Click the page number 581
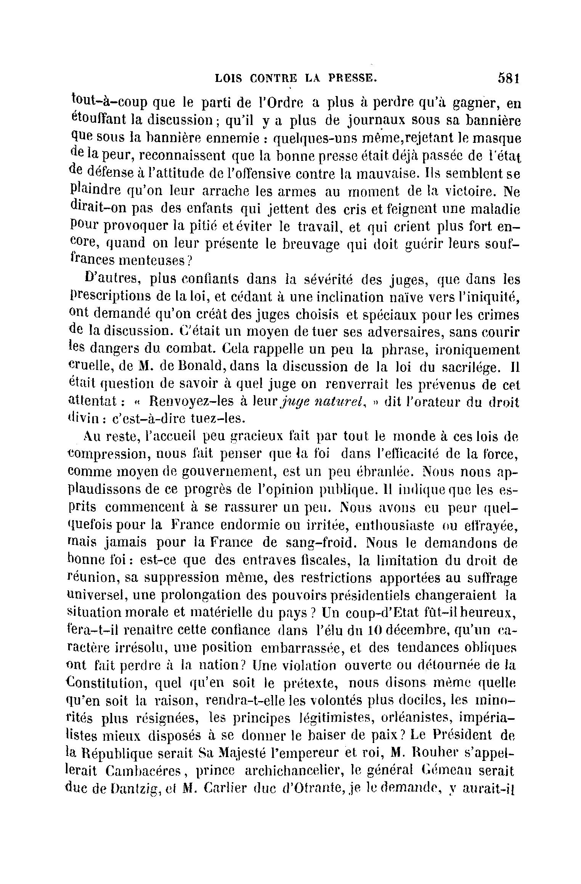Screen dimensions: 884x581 coord(509,78)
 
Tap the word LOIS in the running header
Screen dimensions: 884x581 coord(229,79)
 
